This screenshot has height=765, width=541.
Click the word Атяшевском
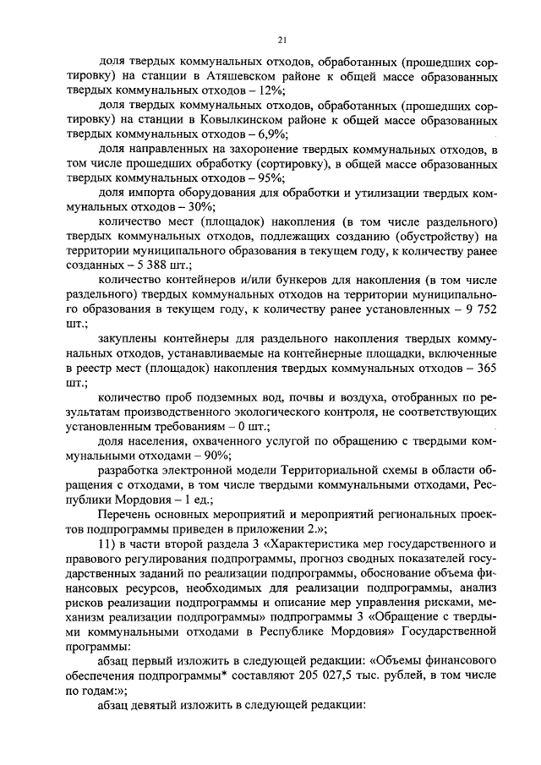coord(228,76)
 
